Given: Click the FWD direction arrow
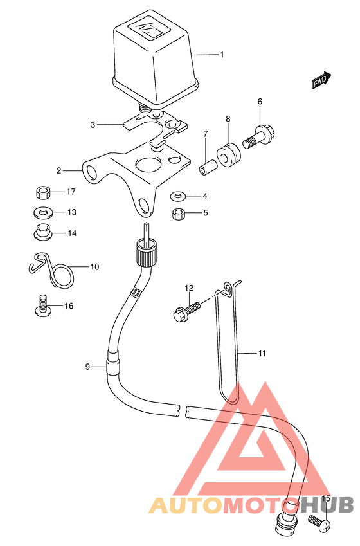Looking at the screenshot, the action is tap(321, 80).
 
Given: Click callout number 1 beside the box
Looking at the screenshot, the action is tap(222, 55).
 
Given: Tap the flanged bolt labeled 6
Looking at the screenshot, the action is tap(259, 136).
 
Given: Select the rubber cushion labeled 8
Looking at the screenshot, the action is tap(228, 154).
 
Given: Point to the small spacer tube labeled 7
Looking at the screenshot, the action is tap(208, 167).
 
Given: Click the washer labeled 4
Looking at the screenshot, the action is tap(178, 197).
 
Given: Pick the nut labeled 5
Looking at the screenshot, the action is tap(178, 214).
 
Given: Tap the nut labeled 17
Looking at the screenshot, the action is tap(43, 192).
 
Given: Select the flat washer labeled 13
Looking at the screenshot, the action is tap(43, 212).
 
